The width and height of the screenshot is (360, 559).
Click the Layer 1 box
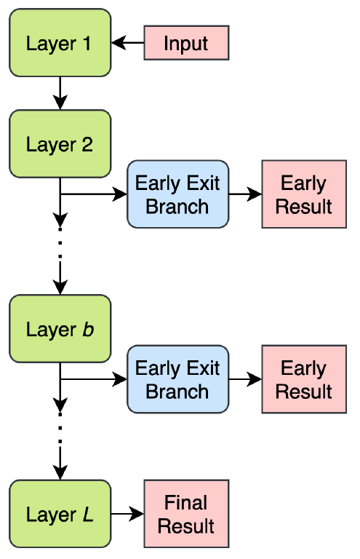(x=60, y=43)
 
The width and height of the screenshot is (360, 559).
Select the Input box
(x=186, y=43)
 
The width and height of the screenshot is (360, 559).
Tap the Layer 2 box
(x=60, y=143)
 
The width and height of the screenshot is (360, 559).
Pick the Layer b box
(x=60, y=329)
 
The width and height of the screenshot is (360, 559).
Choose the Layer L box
(x=60, y=514)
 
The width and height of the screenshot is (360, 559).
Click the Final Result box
(x=186, y=514)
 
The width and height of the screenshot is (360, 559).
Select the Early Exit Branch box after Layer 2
(x=177, y=194)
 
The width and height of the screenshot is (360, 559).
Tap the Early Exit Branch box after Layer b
(x=177, y=379)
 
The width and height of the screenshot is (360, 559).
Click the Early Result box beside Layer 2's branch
(x=304, y=194)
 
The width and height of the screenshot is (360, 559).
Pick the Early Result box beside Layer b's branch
(x=304, y=379)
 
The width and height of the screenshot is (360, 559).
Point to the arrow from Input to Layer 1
(x=127, y=43)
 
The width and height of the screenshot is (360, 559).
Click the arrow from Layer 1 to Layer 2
(x=60, y=93)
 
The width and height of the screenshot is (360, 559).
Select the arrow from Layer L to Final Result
(x=127, y=514)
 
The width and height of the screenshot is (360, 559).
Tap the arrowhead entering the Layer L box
(x=60, y=472)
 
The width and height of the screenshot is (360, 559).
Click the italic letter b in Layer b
(x=88, y=330)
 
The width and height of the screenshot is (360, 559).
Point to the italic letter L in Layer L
(x=87, y=515)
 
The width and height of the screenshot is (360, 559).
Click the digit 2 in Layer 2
(x=87, y=144)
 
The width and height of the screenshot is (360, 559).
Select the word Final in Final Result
(x=186, y=503)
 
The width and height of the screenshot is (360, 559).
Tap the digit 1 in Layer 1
(x=87, y=44)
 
